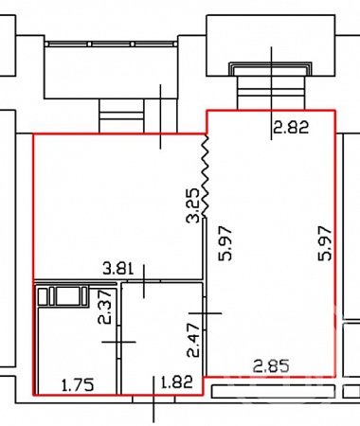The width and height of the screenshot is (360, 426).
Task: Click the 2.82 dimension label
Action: coord(291,128)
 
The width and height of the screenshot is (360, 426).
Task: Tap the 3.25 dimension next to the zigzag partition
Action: coord(193,205)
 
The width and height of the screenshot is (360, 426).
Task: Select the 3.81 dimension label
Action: coord(118,269)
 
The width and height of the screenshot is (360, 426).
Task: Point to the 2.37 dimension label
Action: coord(105,308)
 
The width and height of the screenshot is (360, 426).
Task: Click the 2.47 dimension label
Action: coord(193,340)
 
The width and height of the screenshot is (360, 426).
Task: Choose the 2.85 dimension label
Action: coord(271,366)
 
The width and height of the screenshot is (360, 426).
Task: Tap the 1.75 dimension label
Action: coord(78,385)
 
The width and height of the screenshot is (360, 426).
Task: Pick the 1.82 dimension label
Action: coord(177,382)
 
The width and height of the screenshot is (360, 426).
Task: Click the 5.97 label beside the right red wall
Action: coord(325,243)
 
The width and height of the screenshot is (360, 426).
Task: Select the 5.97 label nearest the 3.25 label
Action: coord(225,243)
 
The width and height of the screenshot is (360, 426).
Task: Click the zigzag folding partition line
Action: coord(206,176)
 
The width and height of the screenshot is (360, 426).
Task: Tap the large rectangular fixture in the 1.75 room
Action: coord(67,296)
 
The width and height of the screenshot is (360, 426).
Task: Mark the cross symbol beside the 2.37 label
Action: coord(118,342)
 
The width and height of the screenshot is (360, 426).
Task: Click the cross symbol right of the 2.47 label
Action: coord(205,313)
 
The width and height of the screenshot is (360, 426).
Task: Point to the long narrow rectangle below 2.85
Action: coord(273,391)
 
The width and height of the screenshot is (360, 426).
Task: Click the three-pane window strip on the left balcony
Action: coord(111,44)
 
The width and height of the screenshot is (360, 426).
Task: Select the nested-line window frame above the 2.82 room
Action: coord(270,69)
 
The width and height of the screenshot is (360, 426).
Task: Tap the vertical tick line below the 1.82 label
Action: coord(153,399)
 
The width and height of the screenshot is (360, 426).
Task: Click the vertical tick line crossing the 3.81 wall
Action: coord(144,281)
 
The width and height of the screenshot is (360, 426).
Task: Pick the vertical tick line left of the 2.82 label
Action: coord(271,93)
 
